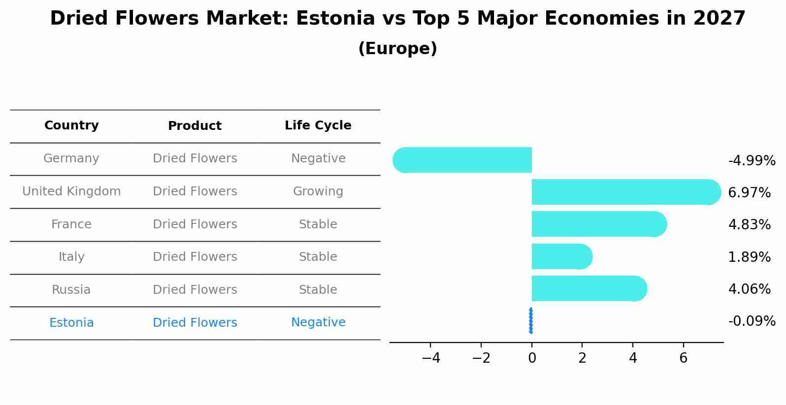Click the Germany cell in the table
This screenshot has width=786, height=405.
[71, 158]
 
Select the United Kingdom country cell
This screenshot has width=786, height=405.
[71, 191]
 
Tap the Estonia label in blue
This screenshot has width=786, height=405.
[71, 323]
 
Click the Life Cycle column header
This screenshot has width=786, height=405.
[318, 125]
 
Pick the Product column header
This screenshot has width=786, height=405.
[195, 126]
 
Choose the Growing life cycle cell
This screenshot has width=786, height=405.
[318, 191]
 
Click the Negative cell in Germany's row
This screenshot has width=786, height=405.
[318, 158]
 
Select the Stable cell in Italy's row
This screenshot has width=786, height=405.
[318, 257]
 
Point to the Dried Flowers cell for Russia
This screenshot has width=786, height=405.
[195, 290]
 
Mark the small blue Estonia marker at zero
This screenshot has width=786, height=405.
[530, 320]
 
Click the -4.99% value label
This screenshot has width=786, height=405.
[752, 161]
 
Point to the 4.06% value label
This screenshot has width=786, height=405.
[749, 289]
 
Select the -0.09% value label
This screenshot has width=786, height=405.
[752, 321]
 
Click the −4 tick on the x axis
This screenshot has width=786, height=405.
[430, 358]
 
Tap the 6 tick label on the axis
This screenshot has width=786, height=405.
[683, 358]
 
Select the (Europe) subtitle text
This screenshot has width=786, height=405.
[397, 49]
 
